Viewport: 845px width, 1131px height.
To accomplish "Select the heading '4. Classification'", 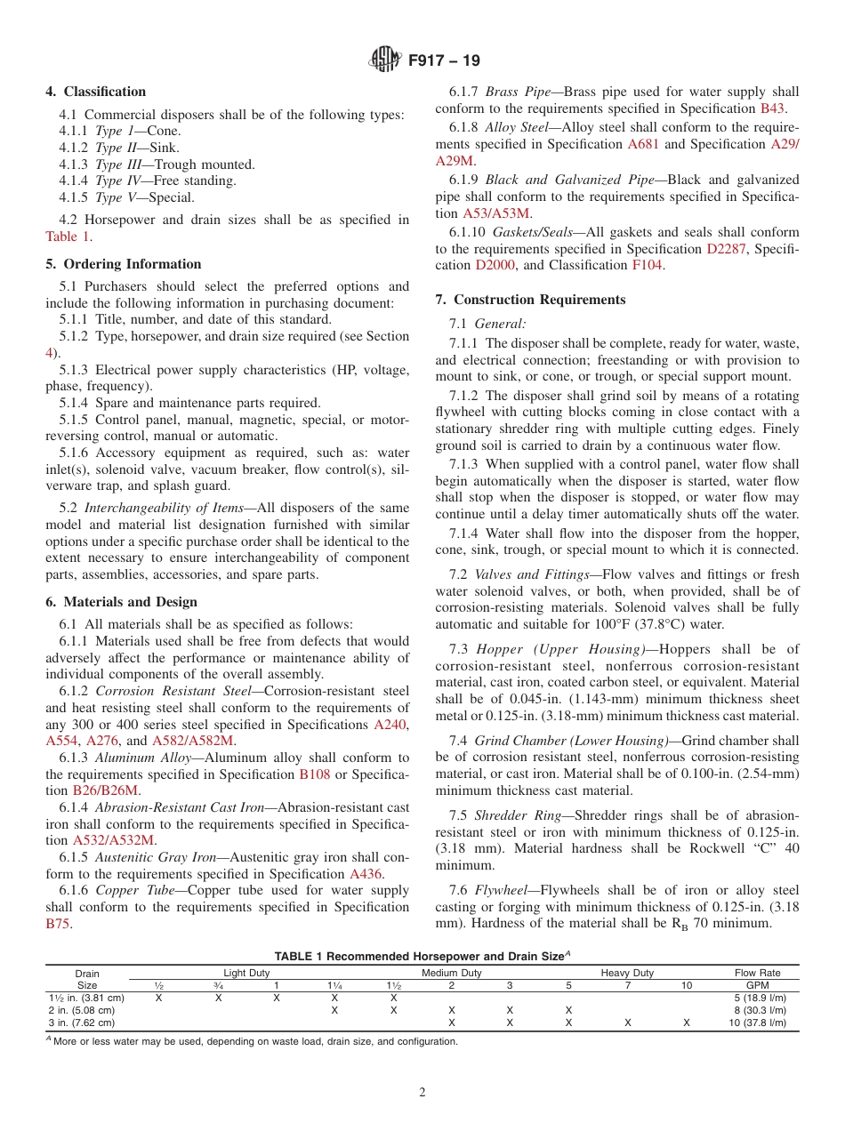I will click(x=96, y=92).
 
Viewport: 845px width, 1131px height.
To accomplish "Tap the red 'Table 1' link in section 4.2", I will click(x=68, y=237).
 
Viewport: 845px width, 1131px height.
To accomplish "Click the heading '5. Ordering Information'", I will click(x=124, y=264).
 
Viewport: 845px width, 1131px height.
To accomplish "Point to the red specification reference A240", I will click(x=390, y=724).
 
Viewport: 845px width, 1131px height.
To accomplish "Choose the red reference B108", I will click(x=314, y=774).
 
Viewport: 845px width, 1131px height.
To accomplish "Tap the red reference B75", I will click(x=58, y=924).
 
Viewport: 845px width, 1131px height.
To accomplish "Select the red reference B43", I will click(x=772, y=108).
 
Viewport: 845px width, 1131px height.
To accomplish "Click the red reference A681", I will click(x=644, y=143).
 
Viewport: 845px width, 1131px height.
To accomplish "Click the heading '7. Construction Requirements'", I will click(x=530, y=300).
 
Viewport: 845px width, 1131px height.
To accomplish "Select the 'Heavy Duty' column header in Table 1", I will click(x=627, y=973).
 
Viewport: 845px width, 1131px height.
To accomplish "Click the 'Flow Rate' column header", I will click(x=757, y=973).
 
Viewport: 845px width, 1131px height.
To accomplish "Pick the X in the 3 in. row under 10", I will click(x=686, y=1023).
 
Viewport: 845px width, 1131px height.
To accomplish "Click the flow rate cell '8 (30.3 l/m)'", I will click(x=757, y=1010).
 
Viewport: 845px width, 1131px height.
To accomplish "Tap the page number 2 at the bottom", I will click(x=422, y=1093).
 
